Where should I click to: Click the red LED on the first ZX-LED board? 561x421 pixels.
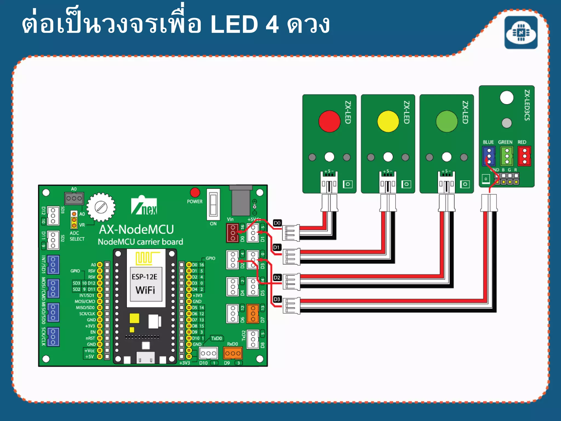click(x=329, y=121)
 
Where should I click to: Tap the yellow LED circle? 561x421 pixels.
click(x=388, y=121)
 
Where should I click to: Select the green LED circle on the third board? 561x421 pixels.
click(x=446, y=121)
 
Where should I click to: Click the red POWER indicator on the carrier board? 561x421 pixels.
click(x=195, y=192)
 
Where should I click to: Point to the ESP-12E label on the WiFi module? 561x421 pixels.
click(x=144, y=277)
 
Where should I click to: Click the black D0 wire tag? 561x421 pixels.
click(x=277, y=223)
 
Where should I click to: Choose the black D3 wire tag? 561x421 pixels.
click(x=277, y=299)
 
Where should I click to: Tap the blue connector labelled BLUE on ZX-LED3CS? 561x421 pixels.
click(x=489, y=156)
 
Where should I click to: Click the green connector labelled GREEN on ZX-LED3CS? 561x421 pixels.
click(x=507, y=156)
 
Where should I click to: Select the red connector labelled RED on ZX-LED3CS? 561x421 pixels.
click(x=524, y=156)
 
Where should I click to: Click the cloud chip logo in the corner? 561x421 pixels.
click(x=521, y=33)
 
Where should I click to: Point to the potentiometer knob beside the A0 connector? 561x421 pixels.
click(x=101, y=207)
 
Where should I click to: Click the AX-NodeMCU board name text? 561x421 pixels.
click(x=136, y=230)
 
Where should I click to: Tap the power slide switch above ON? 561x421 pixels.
click(x=213, y=204)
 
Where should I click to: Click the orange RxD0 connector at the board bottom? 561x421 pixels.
click(x=233, y=353)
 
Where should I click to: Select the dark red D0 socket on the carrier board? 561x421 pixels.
click(x=233, y=233)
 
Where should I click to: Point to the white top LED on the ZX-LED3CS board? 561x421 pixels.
click(x=506, y=98)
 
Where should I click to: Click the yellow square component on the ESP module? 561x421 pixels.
click(x=134, y=318)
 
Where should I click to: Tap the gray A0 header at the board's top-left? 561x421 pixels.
click(x=74, y=198)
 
